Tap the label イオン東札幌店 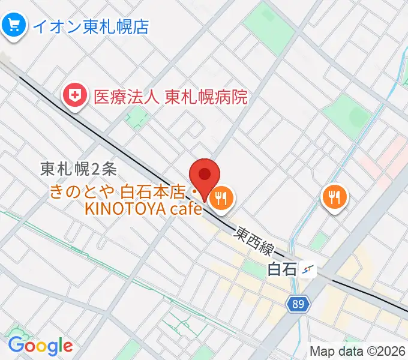pyautogui.click(x=91, y=26)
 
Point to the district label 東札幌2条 pyautogui.click(x=79, y=170)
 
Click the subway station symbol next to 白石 pyautogui.click(x=309, y=270)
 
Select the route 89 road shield pyautogui.click(x=299, y=305)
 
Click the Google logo pyautogui.click(x=40, y=346)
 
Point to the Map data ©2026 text pyautogui.click(x=358, y=352)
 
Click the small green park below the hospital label pyautogui.click(x=137, y=115)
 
